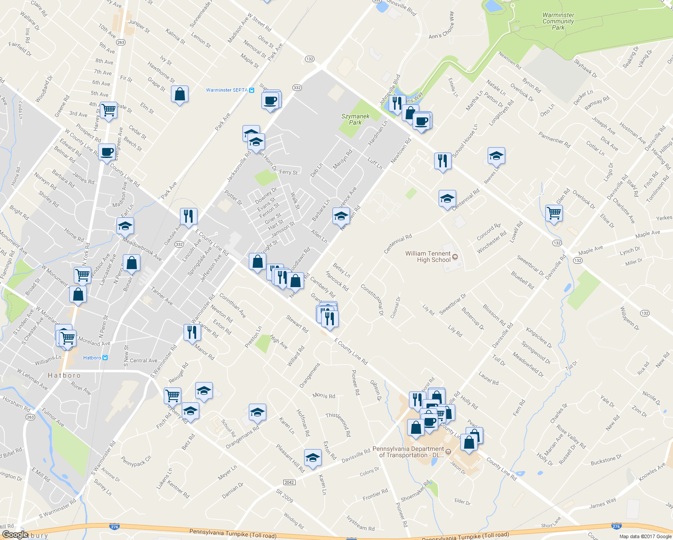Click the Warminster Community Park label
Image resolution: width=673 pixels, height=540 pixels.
558,21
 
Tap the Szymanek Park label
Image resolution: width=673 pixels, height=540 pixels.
355,119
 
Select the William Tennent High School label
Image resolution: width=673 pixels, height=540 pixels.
428,256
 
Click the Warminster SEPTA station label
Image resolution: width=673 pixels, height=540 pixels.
227,90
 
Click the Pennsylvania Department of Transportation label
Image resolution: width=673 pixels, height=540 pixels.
408,452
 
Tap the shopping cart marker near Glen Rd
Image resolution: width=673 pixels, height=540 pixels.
554,213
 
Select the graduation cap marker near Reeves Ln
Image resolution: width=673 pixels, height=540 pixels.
496,156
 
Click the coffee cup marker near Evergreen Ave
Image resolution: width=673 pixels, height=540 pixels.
107,152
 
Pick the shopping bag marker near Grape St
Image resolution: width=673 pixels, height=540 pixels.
179,94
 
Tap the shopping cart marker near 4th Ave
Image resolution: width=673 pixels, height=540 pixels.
109,109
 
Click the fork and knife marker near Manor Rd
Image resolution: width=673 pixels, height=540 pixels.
192,332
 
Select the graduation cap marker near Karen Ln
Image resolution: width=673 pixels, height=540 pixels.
313,458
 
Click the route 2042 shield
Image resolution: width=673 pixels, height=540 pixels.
289,482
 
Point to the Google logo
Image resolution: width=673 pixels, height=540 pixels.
15,534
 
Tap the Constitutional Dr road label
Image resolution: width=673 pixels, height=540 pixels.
372,299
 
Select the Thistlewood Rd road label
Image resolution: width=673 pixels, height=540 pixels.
338,424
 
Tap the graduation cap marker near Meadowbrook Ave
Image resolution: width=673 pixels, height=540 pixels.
125,226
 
